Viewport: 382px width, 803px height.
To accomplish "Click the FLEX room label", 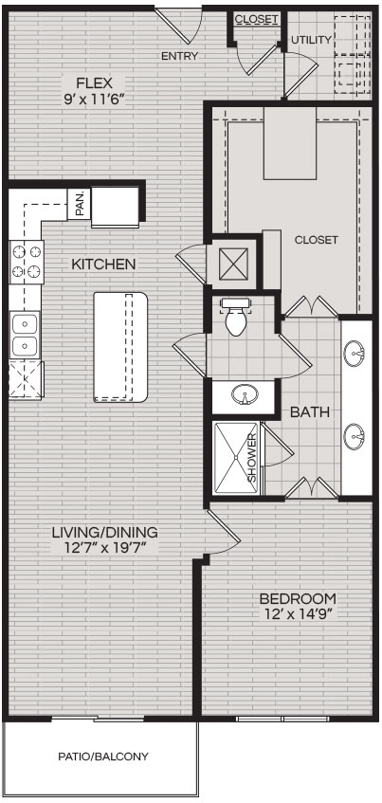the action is tap(94, 82).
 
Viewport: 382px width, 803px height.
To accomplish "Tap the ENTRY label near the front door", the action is tap(179, 56).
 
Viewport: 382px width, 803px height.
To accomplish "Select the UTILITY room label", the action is tap(311, 40).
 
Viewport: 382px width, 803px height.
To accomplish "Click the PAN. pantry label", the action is tap(80, 204).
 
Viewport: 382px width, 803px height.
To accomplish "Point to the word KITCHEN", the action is tap(103, 265).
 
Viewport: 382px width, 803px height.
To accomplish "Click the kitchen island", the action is tap(120, 347).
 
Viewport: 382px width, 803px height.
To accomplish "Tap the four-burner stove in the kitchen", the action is tap(27, 263).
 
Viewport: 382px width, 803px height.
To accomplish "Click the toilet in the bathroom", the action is tap(235, 318).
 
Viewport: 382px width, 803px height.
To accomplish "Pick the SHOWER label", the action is tap(252, 457).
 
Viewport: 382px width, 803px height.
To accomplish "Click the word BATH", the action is tap(310, 412).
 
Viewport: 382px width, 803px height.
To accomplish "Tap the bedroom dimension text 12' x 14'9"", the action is tap(297, 614).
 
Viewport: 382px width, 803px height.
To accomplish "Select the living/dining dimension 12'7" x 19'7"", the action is tap(105, 547).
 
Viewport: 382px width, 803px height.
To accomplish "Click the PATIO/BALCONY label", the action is tap(103, 756).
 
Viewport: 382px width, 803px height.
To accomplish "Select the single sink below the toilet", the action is tap(245, 394).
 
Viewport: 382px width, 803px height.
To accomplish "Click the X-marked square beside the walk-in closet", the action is tap(233, 264).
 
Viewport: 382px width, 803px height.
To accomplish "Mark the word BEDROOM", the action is tap(298, 598).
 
